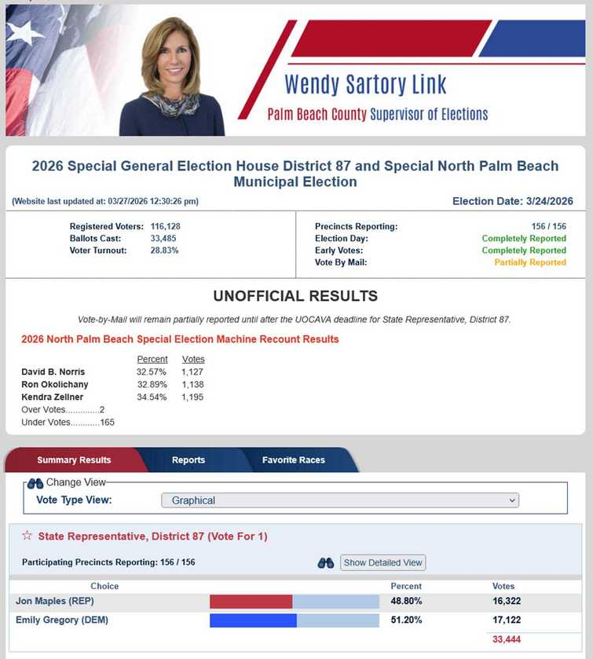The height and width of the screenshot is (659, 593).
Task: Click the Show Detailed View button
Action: pos(383,562)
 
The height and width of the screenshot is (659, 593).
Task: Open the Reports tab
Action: pos(189,460)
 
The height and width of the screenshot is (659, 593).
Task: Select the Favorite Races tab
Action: pos(293,460)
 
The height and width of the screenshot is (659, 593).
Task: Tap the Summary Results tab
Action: pos(74,460)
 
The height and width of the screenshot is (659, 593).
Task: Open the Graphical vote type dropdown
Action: pos(340,500)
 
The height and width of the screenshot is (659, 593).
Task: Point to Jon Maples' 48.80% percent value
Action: pos(406,602)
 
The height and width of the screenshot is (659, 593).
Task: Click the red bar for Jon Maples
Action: pos(251,602)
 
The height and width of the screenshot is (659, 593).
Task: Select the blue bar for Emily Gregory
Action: pos(253,621)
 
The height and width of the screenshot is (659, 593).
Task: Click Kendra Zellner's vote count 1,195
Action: pos(192,397)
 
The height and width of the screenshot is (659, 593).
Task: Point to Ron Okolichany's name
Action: pos(55,385)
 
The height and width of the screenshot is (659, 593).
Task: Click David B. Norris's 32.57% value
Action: pos(152,372)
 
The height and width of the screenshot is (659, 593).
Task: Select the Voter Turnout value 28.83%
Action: pos(164,251)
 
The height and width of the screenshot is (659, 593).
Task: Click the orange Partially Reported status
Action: pos(530,262)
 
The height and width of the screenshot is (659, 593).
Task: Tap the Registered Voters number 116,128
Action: pos(165,226)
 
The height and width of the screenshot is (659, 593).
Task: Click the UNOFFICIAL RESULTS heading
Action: pos(295,296)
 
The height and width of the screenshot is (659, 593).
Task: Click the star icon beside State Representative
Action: pos(27,536)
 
